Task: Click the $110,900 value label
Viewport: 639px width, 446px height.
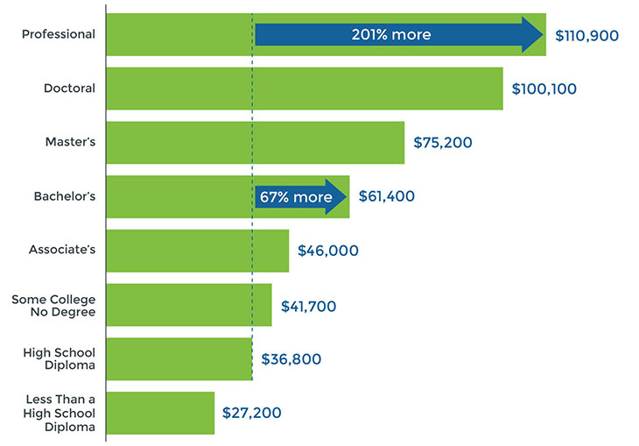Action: [x=586, y=35]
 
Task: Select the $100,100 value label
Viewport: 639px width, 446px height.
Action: [x=544, y=89]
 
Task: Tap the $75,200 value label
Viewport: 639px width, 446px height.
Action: [x=443, y=143]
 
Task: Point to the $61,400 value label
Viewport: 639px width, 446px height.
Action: [x=386, y=196]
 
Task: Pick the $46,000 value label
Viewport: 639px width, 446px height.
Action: [x=327, y=251]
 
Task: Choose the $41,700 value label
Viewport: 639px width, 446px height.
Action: [x=308, y=306]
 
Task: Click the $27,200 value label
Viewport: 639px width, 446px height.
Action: [x=251, y=413]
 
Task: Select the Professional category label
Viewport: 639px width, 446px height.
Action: [x=58, y=34]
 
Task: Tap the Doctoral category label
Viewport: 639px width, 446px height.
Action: [x=69, y=88]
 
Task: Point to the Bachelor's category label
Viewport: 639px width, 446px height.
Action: [x=64, y=196]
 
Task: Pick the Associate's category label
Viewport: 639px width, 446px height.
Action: [x=62, y=251]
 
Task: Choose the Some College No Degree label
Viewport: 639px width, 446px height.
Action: [x=53, y=305]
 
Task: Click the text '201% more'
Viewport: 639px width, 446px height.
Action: [x=390, y=35]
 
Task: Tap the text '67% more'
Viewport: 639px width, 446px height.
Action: [x=294, y=197]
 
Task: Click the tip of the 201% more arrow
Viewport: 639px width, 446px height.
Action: [x=544, y=35]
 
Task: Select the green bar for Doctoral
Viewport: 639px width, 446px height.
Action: [x=304, y=88]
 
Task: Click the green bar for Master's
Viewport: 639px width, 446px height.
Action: [x=255, y=143]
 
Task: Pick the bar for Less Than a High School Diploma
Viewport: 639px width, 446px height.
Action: [x=160, y=413]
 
